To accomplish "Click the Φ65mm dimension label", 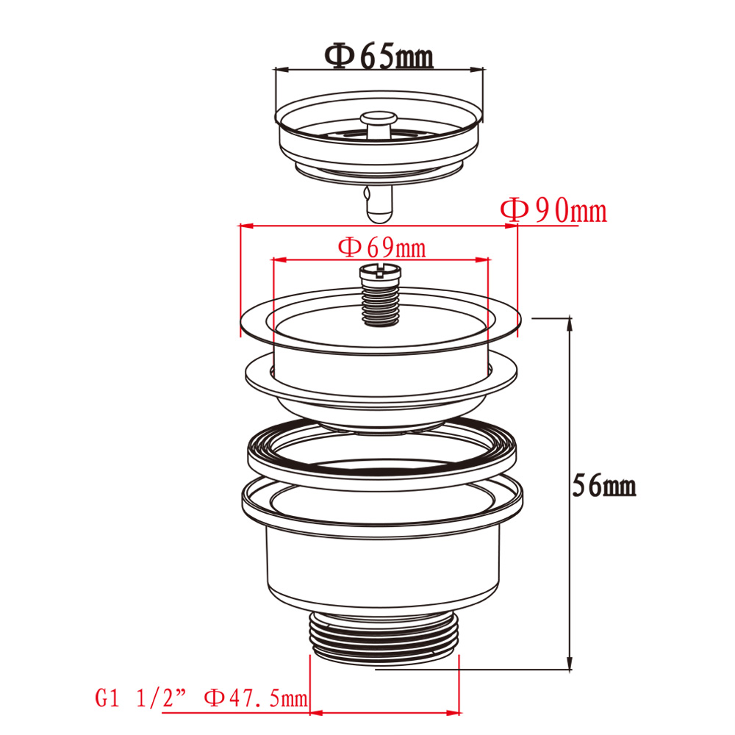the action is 379,57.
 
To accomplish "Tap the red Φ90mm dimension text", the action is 553,210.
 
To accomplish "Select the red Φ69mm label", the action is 382,248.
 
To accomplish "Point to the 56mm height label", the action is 604,485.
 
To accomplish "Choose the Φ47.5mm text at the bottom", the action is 256,698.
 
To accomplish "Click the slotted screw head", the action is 380,272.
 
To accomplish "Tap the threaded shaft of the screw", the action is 381,304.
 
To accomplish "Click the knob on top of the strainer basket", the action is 379,123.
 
